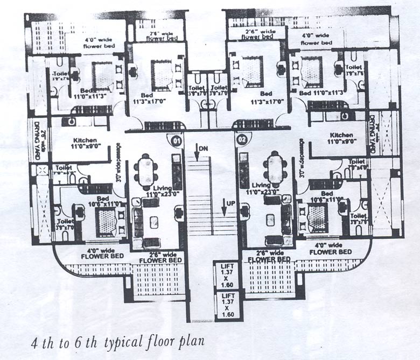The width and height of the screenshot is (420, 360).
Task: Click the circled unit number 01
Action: pos(176,142)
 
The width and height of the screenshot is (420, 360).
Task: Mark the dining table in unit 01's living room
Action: pos(147,170)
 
